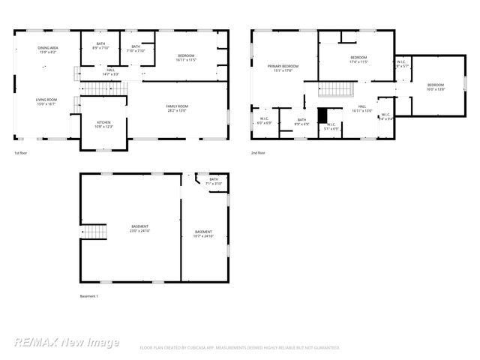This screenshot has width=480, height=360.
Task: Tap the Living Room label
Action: click(x=46, y=101)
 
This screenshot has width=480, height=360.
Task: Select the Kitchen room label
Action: click(x=103, y=124)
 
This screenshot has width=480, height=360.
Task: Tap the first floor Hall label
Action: click(x=110, y=72)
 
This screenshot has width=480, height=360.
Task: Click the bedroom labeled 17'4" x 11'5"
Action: click(x=358, y=60)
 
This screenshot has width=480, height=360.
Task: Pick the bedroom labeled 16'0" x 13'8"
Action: click(x=436, y=87)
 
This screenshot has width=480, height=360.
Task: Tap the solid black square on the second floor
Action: click(x=322, y=116)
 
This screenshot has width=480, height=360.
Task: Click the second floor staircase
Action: click(x=335, y=91)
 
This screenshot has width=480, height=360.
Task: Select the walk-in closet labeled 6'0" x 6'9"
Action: click(x=265, y=120)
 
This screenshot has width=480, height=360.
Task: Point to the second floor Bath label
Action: click(x=301, y=121)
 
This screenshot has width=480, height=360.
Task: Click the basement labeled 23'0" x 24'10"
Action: click(x=139, y=229)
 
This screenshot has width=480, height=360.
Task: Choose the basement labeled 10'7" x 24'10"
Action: click(x=203, y=234)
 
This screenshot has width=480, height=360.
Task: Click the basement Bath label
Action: click(x=214, y=181)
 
